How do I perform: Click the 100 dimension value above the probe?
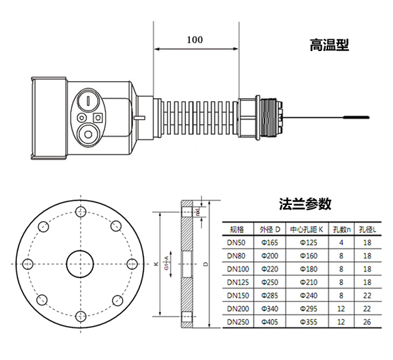coord(195,39)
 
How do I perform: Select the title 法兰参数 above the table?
coord(305,204)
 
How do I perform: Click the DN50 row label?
coord(236,243)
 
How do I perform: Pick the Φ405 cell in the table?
coord(270,321)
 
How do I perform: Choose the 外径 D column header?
coord(270,229)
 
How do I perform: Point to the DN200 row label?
coord(237,308)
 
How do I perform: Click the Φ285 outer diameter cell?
coord(270,295)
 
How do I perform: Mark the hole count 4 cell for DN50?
coord(341,243)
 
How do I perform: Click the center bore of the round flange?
coord(81,264)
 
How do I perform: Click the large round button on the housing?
coord(86,135)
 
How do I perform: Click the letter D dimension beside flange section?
coord(205,265)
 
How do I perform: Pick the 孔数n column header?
coord(341,229)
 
